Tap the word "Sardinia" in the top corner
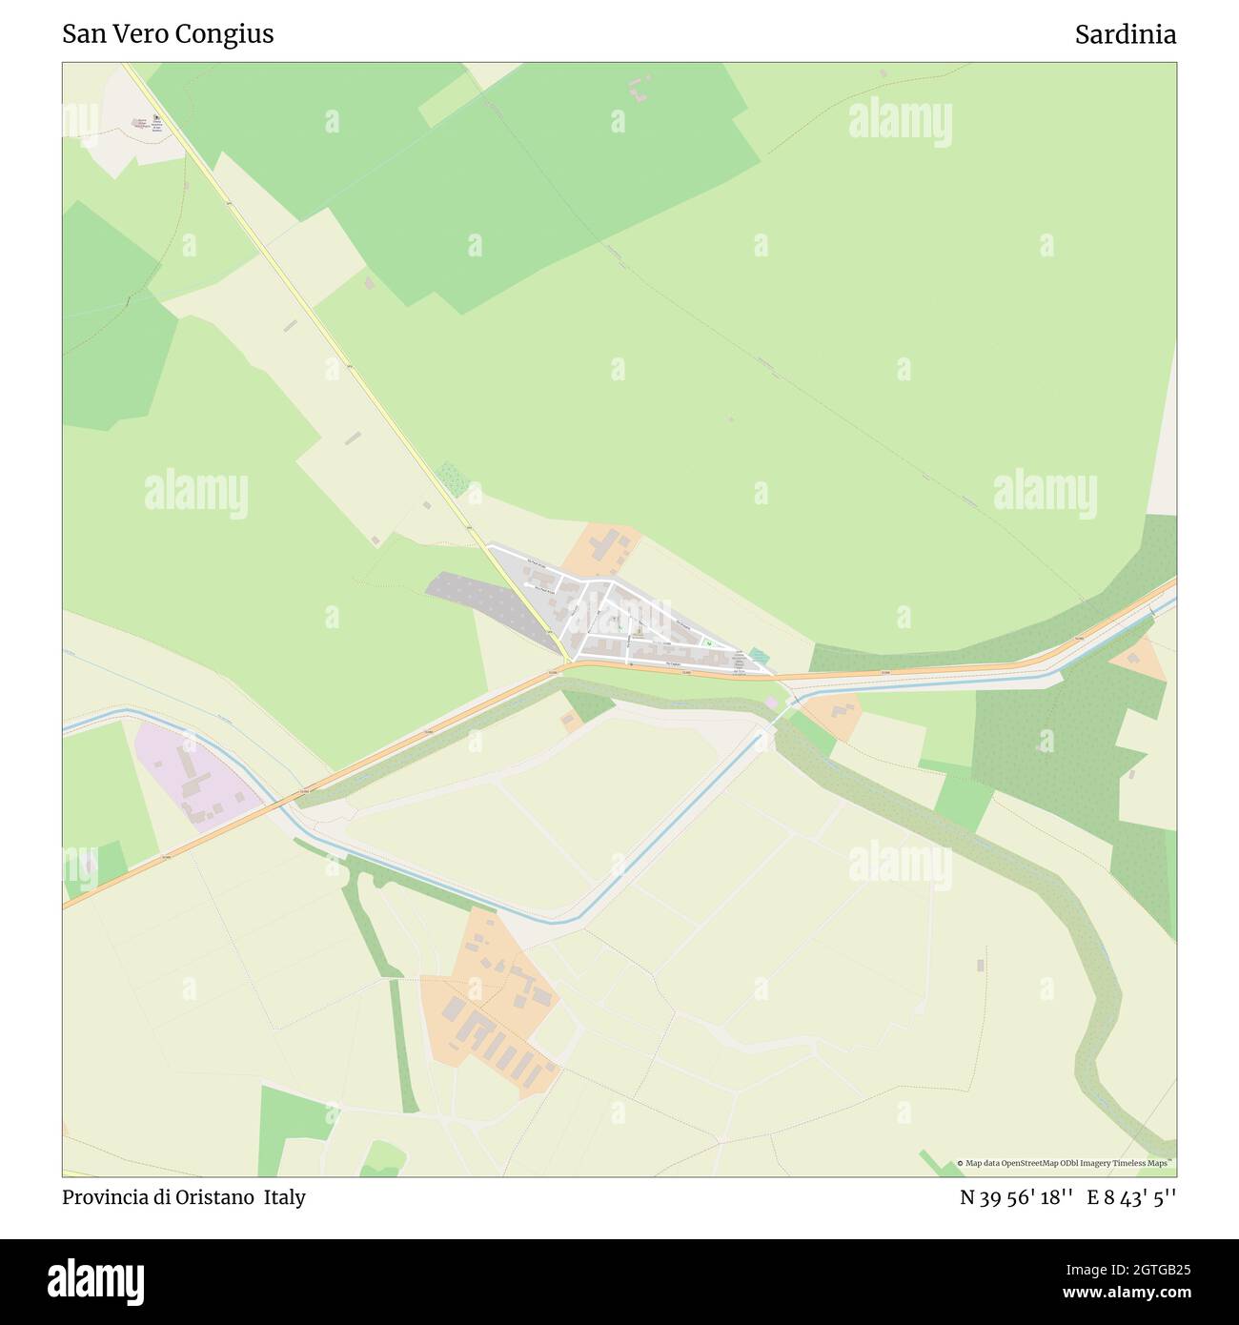1125,34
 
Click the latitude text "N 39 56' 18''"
1017,1197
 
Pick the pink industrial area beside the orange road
195,777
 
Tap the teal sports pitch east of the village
758,657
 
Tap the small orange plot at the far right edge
1141,659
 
